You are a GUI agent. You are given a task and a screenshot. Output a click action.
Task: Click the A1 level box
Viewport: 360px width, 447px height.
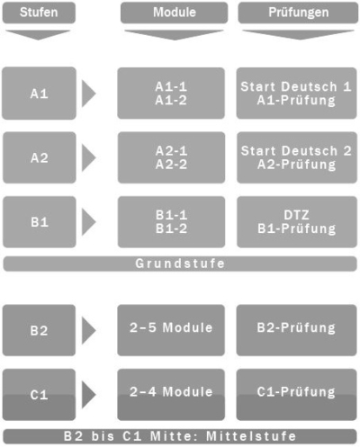(39, 94)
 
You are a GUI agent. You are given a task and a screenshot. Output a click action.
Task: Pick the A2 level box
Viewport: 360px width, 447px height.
(39, 158)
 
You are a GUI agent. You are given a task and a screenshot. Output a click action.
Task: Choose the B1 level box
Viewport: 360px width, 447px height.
(39, 222)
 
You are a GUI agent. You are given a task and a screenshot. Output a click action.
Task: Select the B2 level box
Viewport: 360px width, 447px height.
(39, 331)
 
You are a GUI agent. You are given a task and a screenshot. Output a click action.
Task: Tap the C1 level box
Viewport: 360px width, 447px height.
(39, 394)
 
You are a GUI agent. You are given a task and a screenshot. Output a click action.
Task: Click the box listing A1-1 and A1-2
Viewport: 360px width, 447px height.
(171, 94)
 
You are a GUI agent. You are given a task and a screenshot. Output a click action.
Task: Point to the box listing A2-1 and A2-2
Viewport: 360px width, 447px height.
(171, 158)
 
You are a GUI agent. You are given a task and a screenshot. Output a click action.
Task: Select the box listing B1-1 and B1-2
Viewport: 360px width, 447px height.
(171, 222)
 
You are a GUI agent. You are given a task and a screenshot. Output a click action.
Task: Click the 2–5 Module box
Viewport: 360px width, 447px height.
(171, 331)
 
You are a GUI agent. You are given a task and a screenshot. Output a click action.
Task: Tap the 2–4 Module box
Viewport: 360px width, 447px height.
(171, 394)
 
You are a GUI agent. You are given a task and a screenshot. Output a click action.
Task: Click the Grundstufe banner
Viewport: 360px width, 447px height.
(180, 264)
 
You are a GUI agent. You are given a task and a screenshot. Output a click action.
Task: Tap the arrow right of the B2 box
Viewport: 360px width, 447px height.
(88, 331)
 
